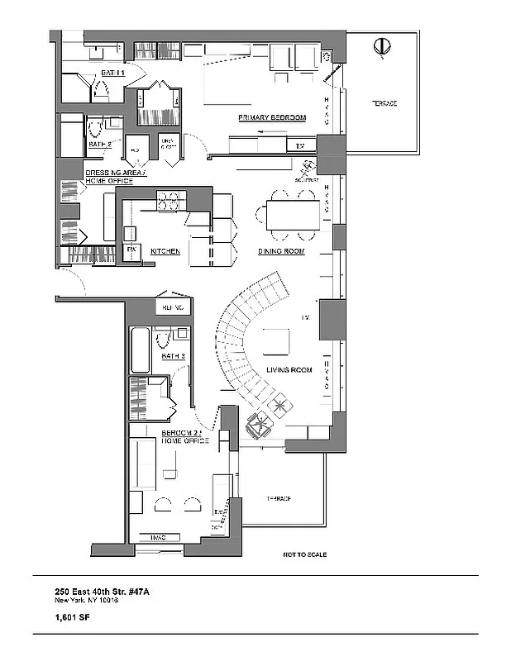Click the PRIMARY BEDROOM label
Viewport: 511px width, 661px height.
point(272,118)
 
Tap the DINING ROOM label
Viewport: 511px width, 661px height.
point(278,250)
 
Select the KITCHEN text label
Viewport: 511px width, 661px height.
point(165,250)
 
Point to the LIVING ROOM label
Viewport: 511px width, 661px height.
point(288,369)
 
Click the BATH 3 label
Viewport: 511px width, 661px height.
point(174,356)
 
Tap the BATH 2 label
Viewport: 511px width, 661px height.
point(100,145)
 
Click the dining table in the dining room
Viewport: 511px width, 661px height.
point(291,216)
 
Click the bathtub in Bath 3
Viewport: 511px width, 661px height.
point(141,350)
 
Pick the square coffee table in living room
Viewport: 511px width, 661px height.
point(275,341)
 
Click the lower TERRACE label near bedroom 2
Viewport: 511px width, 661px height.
point(278,500)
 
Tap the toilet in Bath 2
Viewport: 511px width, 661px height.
point(95,127)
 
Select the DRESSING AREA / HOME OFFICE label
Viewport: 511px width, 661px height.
point(115,178)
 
